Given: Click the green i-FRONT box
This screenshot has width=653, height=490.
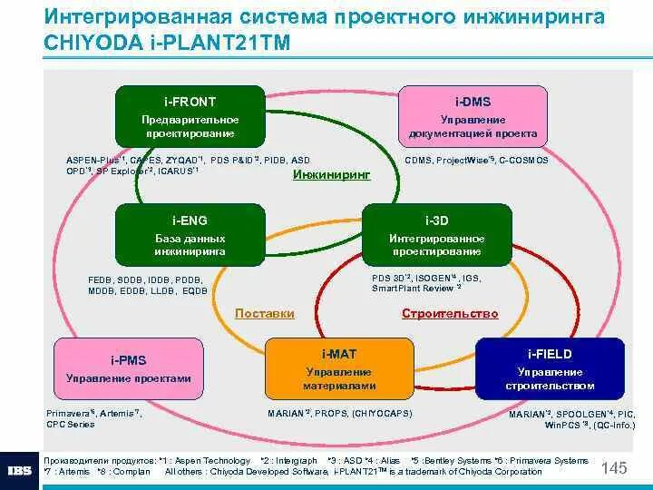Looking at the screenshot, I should (x=190, y=116).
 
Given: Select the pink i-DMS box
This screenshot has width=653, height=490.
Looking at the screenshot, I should (x=472, y=116).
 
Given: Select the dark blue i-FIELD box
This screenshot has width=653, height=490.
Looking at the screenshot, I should (x=551, y=368).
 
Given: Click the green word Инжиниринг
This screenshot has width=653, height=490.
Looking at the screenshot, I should (x=331, y=174).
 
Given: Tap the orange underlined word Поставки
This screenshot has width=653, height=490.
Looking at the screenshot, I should (x=265, y=314).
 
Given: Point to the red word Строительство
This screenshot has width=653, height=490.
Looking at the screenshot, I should (x=450, y=314).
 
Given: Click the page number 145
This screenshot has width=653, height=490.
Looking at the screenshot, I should (x=614, y=468).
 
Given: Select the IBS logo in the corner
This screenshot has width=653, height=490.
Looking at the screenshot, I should (x=20, y=471).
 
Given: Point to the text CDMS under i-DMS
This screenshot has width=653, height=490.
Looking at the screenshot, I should (x=418, y=161).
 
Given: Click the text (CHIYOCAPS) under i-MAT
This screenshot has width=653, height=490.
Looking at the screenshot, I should (x=383, y=413).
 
